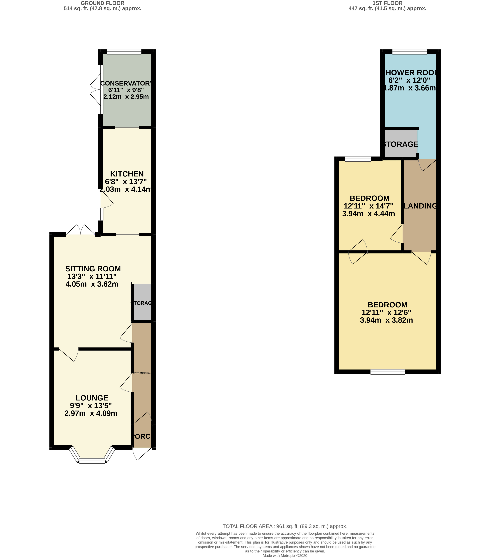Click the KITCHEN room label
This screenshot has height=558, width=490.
pyautogui.click(x=127, y=174)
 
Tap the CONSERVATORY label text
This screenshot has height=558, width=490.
pyautogui.click(x=126, y=83)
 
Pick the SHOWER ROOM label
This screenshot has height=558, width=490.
pyautogui.click(x=410, y=73)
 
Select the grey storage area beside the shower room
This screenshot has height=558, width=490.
pyautogui.click(x=401, y=144)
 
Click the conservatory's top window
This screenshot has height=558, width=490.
pyautogui.click(x=124, y=52)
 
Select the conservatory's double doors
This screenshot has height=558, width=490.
pyautogui.click(x=96, y=89)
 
